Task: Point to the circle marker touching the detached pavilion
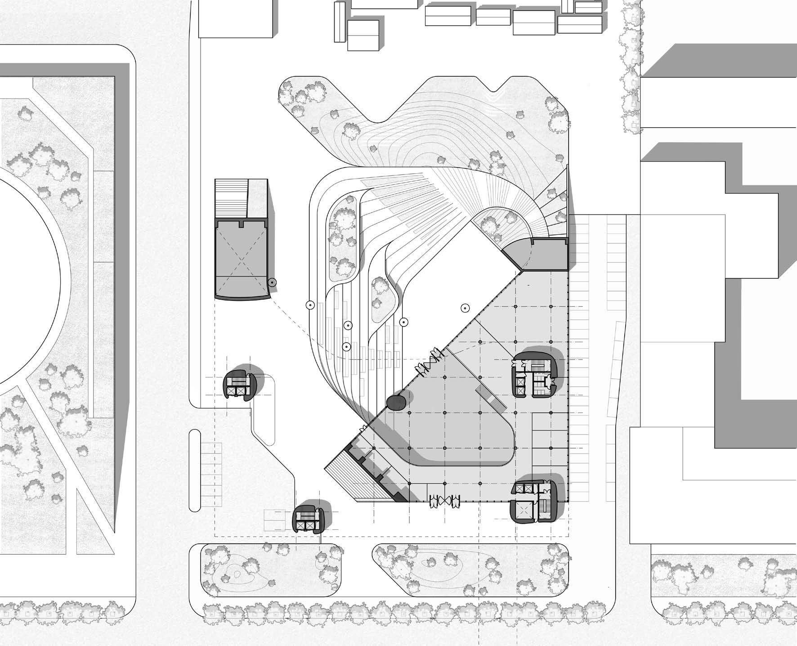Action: click(272, 283)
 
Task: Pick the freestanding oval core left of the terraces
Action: click(240, 385)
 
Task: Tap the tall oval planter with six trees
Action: click(345, 243)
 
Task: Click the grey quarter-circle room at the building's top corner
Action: click(517, 254)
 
